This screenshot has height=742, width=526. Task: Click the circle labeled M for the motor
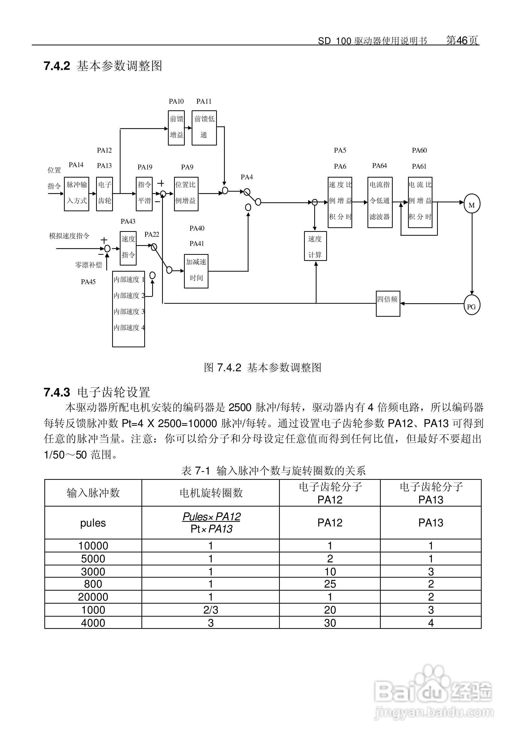coord(471,204)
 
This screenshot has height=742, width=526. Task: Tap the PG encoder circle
coord(471,306)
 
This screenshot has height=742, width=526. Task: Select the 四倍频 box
coord(388,303)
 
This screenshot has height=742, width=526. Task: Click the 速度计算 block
coord(315,246)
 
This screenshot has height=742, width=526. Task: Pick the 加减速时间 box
coord(196,271)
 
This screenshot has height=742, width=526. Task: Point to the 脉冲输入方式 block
coord(76,194)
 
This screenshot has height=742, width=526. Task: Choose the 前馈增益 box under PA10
coord(177,128)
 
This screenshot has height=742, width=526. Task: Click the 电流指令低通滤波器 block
coord(380,202)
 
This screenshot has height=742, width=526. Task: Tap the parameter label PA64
coord(380,166)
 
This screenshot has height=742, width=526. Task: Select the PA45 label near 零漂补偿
coord(88,282)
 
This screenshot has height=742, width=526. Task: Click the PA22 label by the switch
coord(152,234)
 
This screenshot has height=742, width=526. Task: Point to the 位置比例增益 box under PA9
coord(186,194)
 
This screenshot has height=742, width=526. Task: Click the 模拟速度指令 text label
coord(69,236)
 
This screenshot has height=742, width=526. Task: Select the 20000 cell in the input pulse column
coord(93,597)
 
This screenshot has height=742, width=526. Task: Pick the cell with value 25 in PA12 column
coord(330,584)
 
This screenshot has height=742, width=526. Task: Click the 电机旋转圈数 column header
coord(211,493)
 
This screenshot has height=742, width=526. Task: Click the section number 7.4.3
coord(57,392)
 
